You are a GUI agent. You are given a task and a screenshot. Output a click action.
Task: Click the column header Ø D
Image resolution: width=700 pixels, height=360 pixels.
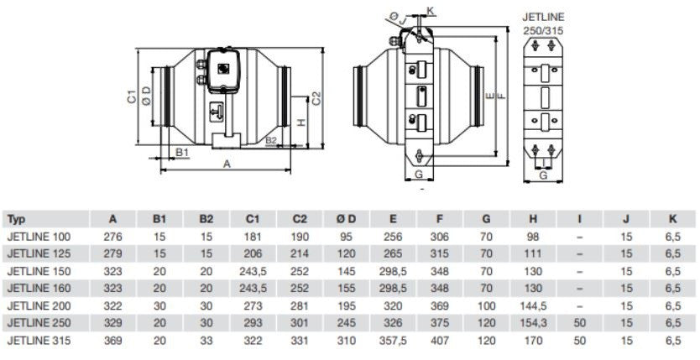pos(346,219)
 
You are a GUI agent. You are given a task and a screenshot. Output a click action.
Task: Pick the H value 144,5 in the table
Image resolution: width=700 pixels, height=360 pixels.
pos(534,305)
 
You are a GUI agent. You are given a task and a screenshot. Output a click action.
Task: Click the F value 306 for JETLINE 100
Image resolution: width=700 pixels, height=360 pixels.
pos(440,237)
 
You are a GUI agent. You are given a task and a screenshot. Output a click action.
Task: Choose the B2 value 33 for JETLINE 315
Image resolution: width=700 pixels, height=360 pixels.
pos(206,340)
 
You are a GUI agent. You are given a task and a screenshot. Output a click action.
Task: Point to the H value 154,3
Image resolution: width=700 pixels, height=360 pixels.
pos(534,322)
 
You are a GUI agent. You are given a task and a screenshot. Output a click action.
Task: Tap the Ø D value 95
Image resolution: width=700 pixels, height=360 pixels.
pos(346,237)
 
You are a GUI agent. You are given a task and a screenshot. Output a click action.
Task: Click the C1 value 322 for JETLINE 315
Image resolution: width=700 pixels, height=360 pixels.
pos(253,340)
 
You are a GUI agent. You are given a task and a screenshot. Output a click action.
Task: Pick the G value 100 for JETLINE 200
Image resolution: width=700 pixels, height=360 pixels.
pos(486,305)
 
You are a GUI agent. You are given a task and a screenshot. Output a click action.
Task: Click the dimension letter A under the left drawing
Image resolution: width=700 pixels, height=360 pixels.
pos(227,165)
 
